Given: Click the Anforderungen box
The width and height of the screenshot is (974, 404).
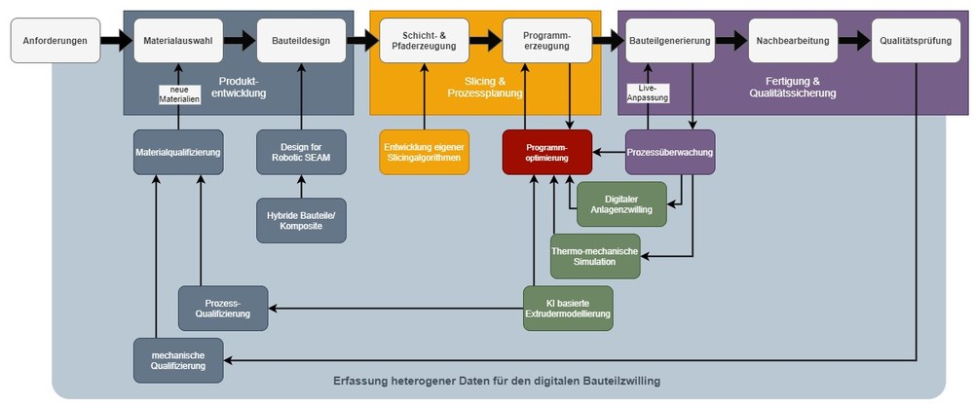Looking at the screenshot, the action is tap(56, 40).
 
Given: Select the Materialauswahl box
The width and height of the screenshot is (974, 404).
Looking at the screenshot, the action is tap(178, 40).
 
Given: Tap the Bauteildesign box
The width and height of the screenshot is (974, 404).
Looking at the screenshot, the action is tap(301, 40).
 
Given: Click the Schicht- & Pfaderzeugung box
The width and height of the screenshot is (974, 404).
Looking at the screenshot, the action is tap(425, 40).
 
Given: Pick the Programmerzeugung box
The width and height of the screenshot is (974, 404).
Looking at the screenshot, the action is tap(547, 40).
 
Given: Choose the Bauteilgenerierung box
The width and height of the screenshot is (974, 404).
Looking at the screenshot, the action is tap(670, 40).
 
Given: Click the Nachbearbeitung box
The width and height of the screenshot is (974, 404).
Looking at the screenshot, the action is tap(793, 40).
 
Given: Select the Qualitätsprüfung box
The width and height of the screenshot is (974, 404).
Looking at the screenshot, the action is tap(917, 40).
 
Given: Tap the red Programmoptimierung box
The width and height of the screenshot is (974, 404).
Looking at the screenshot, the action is tap(547, 152).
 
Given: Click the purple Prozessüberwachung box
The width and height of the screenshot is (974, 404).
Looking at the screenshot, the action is tap(670, 152).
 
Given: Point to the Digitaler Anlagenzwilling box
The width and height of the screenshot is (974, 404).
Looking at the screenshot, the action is tap(621, 204).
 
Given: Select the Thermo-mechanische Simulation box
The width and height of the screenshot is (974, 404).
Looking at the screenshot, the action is tap(595, 256).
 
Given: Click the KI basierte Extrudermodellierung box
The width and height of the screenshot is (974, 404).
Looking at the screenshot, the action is tap(569, 309).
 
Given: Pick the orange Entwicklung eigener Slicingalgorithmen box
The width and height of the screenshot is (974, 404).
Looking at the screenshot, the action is tap(425, 152).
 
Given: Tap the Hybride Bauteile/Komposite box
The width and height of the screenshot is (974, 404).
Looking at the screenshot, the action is tap(301, 220).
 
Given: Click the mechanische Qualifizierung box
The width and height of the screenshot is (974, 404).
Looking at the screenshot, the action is tap(178, 360).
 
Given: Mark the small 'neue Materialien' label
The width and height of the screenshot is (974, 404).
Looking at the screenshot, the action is tap(179, 94).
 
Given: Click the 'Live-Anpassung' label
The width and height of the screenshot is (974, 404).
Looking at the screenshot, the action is tap(648, 92).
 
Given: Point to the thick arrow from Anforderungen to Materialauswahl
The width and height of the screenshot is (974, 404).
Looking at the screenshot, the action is tap(117, 40).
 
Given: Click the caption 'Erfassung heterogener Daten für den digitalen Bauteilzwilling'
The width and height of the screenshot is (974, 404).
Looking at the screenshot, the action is tap(497, 381).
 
